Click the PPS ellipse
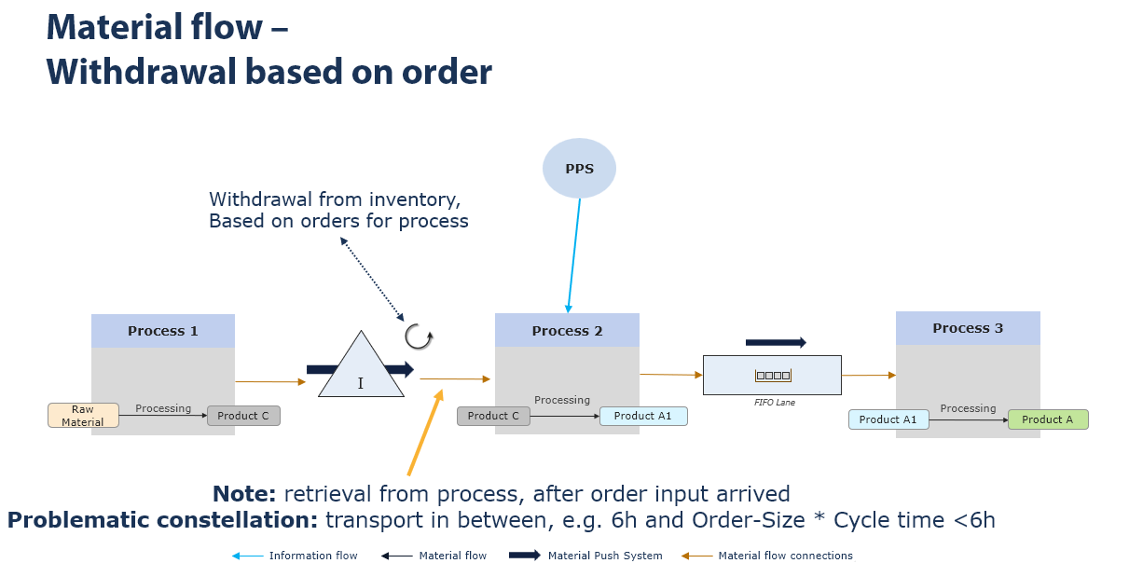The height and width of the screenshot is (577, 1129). click(x=580, y=168)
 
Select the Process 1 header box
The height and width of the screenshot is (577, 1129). click(x=163, y=331)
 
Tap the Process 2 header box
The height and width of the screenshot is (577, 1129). click(x=567, y=331)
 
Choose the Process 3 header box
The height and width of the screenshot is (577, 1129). click(x=968, y=328)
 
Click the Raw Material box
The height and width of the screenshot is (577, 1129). click(x=83, y=416)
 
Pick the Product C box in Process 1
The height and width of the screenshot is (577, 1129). click(x=243, y=416)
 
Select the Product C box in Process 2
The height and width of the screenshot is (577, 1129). click(x=493, y=416)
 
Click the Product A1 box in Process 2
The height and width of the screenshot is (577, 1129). click(x=643, y=416)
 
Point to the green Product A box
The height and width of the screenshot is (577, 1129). click(x=1048, y=419)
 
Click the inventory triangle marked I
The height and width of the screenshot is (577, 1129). click(x=361, y=368)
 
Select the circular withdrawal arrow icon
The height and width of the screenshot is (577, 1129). click(x=419, y=337)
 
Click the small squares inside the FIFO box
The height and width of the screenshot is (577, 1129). click(x=773, y=376)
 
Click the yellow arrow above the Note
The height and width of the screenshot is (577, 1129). click(x=424, y=433)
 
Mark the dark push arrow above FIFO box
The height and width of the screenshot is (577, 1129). click(x=776, y=343)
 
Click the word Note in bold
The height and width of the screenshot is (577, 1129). click(x=245, y=494)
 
